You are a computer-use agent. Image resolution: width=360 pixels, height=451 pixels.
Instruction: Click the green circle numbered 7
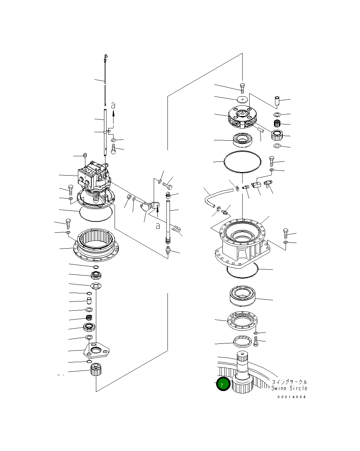pos(223,384)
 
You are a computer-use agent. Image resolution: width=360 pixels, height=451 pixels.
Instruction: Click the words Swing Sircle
pos(289,388)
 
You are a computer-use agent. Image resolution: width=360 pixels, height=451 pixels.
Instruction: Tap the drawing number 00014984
pos(292,397)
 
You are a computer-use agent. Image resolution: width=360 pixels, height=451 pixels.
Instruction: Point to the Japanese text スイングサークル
pos(289,382)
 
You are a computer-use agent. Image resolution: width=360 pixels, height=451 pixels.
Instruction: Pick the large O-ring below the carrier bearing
pos(243,162)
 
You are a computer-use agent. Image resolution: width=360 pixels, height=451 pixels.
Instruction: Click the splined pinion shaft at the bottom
pos(243,374)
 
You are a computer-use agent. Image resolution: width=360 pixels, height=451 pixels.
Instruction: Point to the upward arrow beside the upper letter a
pos(114,114)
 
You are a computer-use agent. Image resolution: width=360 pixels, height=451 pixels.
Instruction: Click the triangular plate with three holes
pos(96,351)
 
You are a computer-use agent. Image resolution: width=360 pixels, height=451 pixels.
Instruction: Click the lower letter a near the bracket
pos(158,226)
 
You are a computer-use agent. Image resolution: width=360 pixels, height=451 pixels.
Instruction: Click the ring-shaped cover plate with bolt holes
pos(243,321)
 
